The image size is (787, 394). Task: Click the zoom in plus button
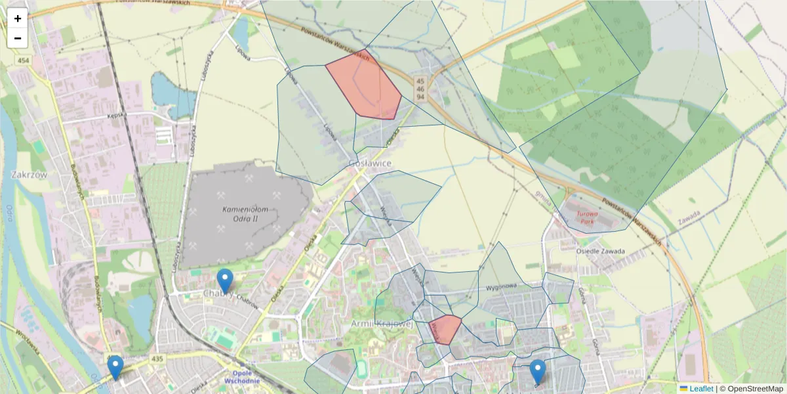[18, 18]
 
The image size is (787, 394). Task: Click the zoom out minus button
[18, 38]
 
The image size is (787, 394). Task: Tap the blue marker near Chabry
[225, 281]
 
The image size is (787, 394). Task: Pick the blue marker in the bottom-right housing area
[538, 372]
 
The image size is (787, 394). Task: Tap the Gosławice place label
[370, 163]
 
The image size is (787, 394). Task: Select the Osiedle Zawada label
[600, 252]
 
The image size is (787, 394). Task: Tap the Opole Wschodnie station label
[242, 377]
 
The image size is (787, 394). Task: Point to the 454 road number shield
[24, 60]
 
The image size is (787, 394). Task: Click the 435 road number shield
[156, 359]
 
